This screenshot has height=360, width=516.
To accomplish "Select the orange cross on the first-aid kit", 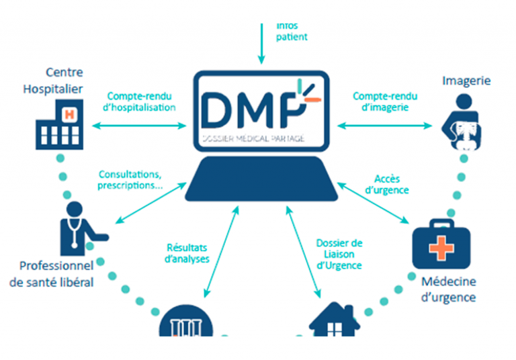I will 439,249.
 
